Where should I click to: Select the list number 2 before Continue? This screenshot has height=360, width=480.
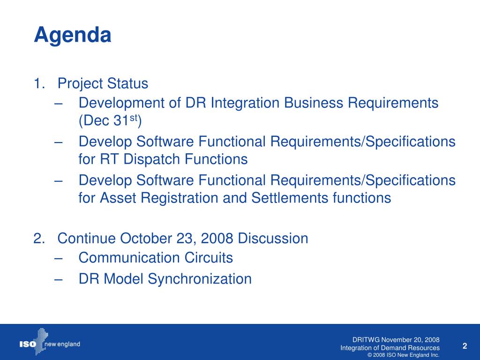pos(39,239)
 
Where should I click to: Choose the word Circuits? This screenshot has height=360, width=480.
pos(209,258)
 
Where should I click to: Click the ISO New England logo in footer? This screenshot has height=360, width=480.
pos(50,342)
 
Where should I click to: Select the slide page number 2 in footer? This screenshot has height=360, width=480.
pos(465,346)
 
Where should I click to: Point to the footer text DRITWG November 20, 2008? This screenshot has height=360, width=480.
pos(396,340)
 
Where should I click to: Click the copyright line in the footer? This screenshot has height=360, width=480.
pos(403,355)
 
